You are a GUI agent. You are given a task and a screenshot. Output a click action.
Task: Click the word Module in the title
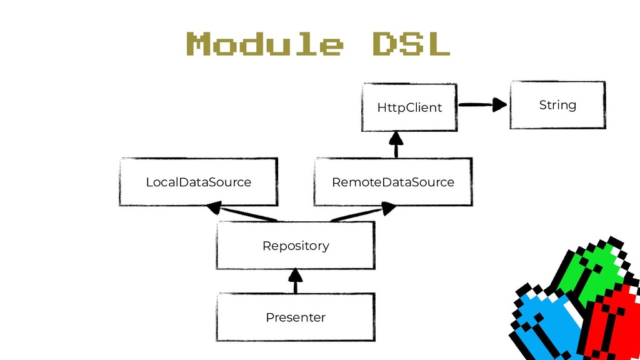point(264,44)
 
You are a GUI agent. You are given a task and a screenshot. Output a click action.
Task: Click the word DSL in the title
point(411,44)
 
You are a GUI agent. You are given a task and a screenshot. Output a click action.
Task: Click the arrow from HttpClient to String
point(483,105)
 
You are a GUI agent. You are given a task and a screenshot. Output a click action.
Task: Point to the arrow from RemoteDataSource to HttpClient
point(396,145)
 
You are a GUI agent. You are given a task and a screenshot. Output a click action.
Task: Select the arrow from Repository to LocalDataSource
point(242,211)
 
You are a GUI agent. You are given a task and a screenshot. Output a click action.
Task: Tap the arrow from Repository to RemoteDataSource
point(363,212)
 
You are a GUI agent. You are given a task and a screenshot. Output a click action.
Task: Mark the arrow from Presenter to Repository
point(296,281)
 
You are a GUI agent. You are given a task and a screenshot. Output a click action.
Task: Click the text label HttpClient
point(409,107)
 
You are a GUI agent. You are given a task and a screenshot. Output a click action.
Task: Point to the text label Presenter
point(296,317)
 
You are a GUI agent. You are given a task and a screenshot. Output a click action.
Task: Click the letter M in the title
point(199,44)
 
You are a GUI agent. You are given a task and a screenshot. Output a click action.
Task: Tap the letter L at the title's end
point(438,44)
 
